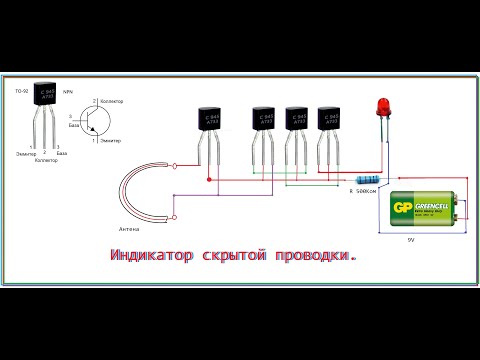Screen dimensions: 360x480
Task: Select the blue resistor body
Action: (366, 181)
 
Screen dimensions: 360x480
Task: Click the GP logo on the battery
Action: (404, 209)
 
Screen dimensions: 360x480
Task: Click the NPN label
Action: (69, 91)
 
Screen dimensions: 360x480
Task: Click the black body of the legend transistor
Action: (44, 98)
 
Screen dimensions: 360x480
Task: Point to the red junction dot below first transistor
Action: (209, 180)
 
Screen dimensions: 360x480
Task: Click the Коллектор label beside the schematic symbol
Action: (113, 101)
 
